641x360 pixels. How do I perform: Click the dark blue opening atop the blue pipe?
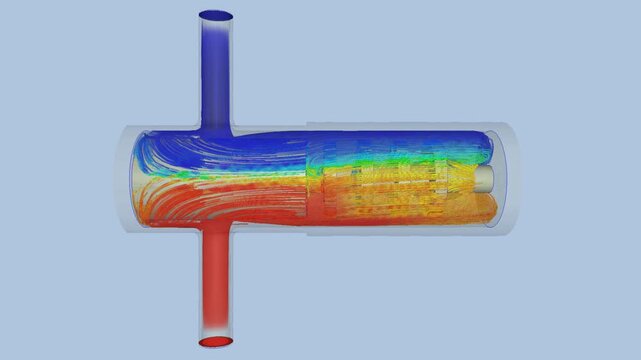(216, 17)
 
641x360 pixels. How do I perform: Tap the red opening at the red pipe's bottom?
(216, 342)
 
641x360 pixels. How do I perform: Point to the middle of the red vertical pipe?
(216, 285)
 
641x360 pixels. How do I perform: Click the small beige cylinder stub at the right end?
(484, 178)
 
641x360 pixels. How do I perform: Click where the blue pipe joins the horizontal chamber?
(216, 130)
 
